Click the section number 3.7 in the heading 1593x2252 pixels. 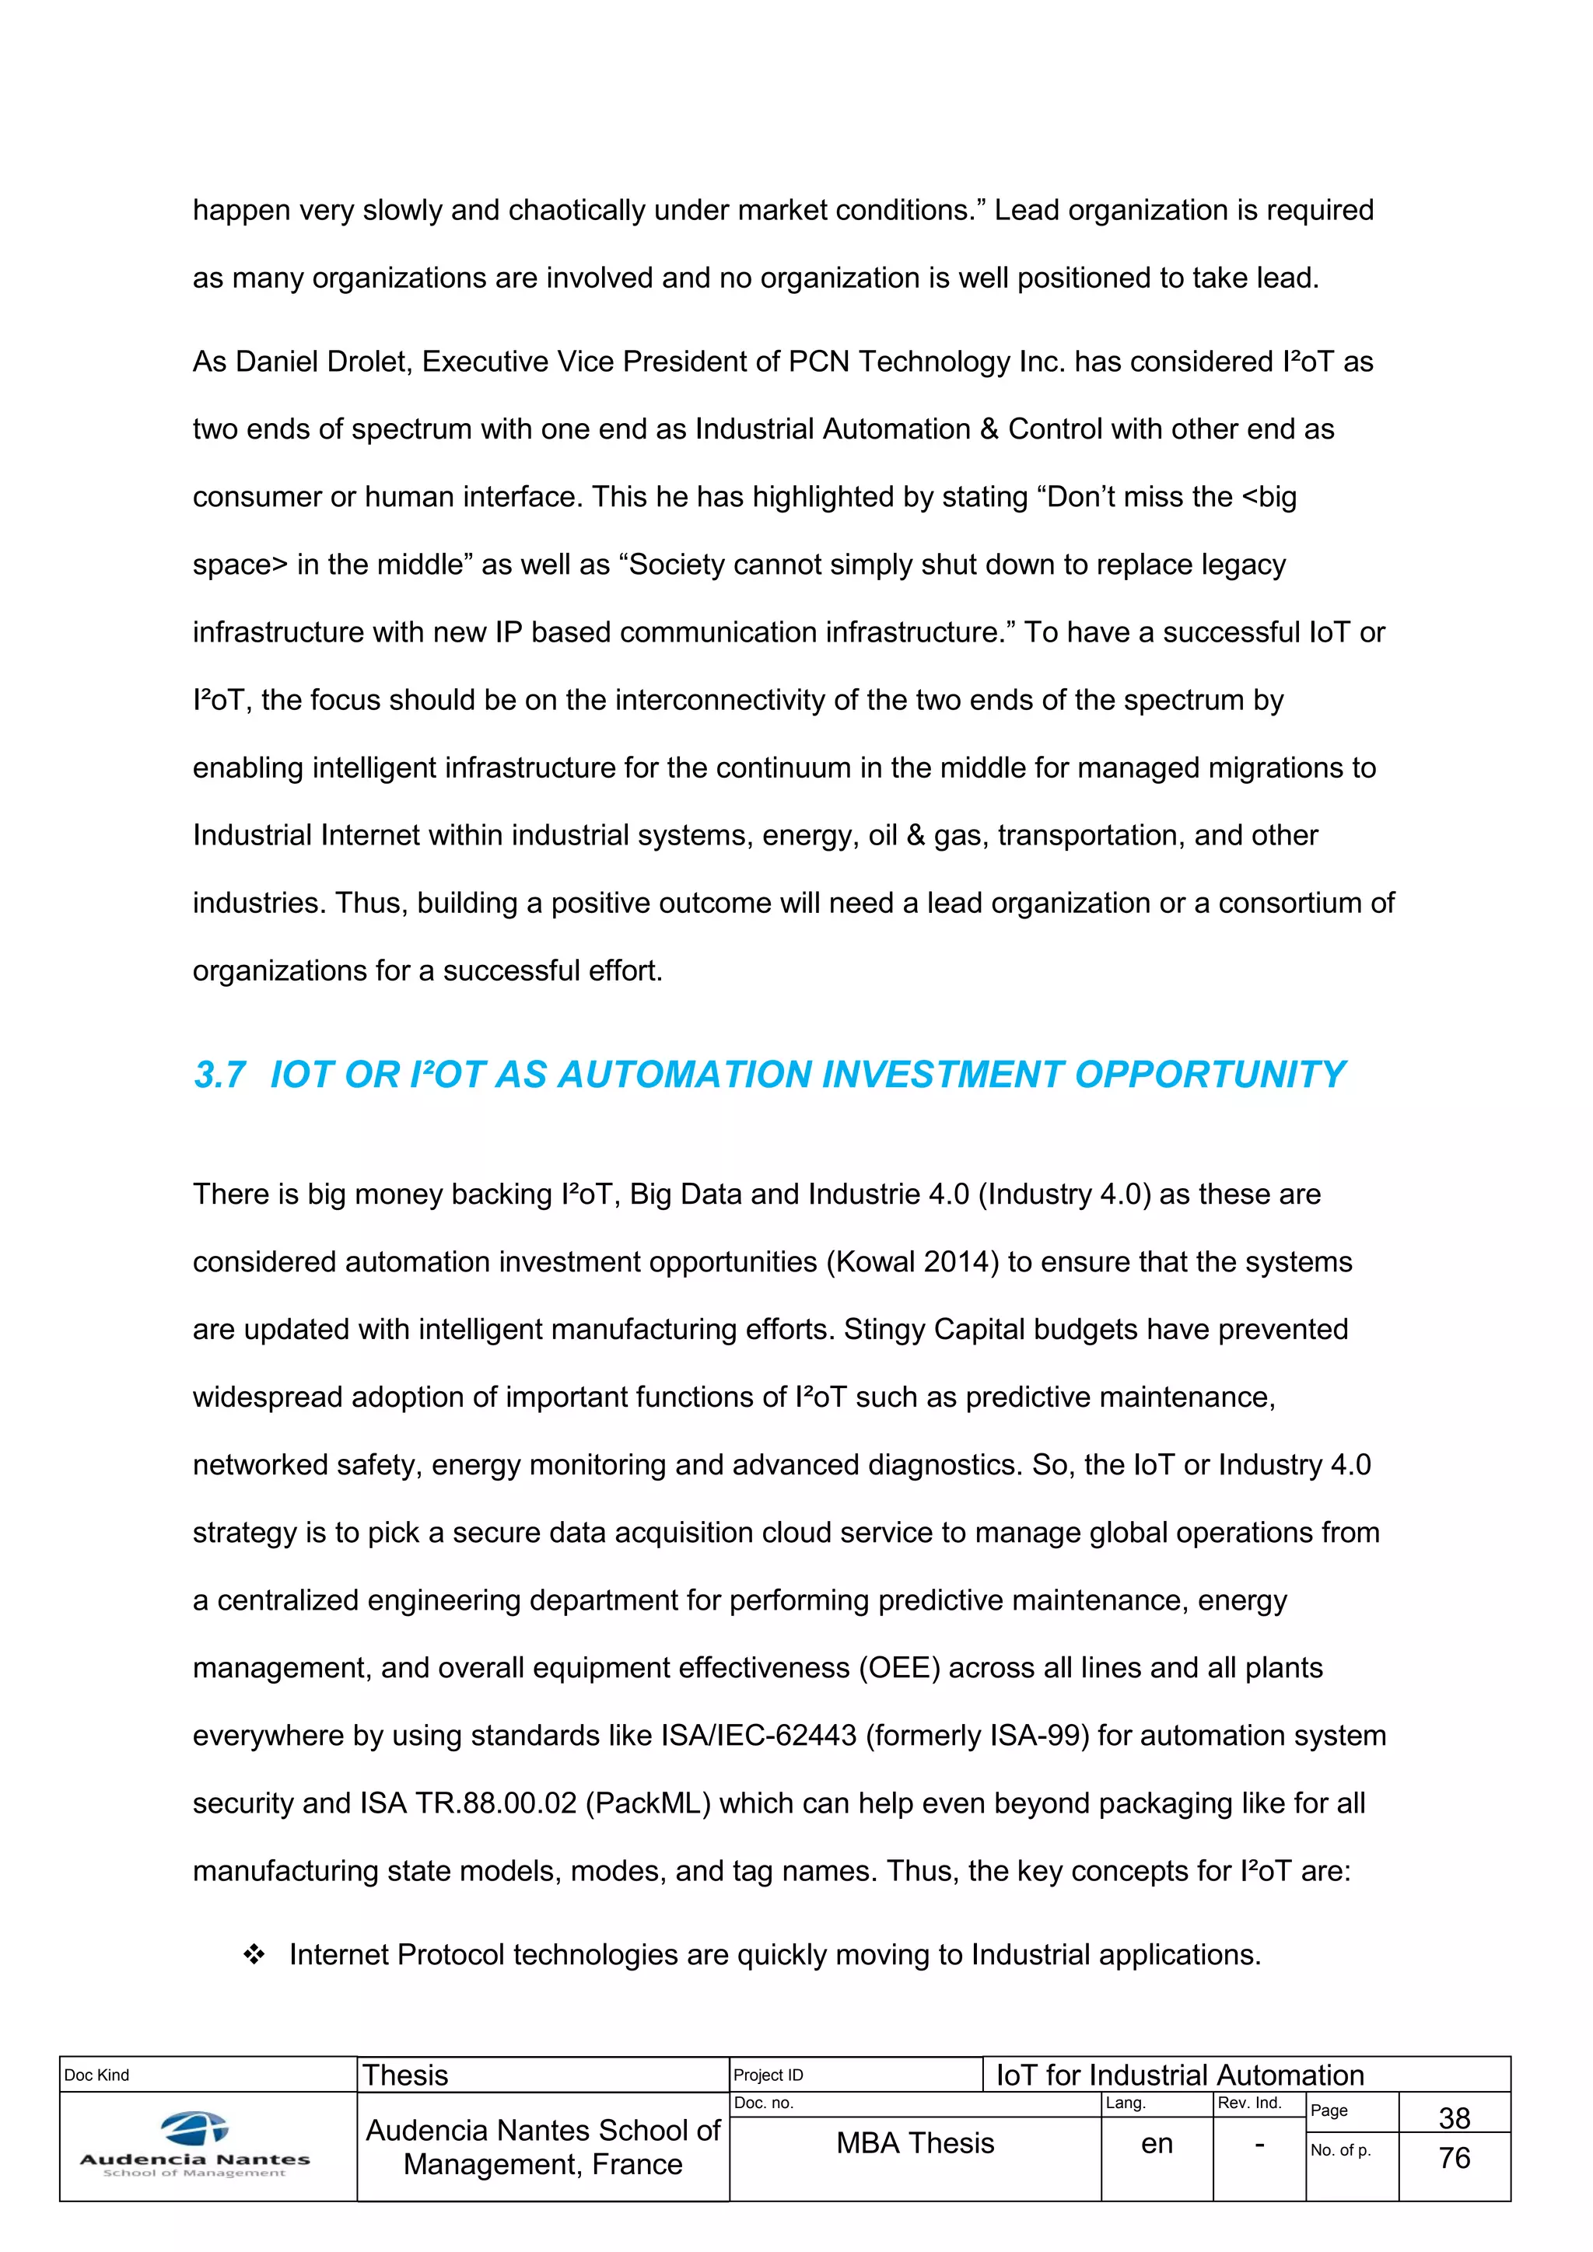click(x=219, y=1075)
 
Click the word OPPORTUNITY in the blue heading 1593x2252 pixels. click(x=1210, y=1075)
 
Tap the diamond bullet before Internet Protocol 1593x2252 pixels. click(x=254, y=1955)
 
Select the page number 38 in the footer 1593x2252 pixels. click(x=1454, y=2117)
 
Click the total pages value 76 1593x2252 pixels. click(x=1454, y=2158)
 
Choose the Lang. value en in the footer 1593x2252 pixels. click(x=1157, y=2144)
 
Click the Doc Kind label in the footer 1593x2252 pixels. click(x=96, y=2075)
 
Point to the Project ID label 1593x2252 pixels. click(x=768, y=2075)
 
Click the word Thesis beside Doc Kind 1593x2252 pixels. click(x=405, y=2075)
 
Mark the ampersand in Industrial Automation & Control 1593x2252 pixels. click(x=989, y=429)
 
